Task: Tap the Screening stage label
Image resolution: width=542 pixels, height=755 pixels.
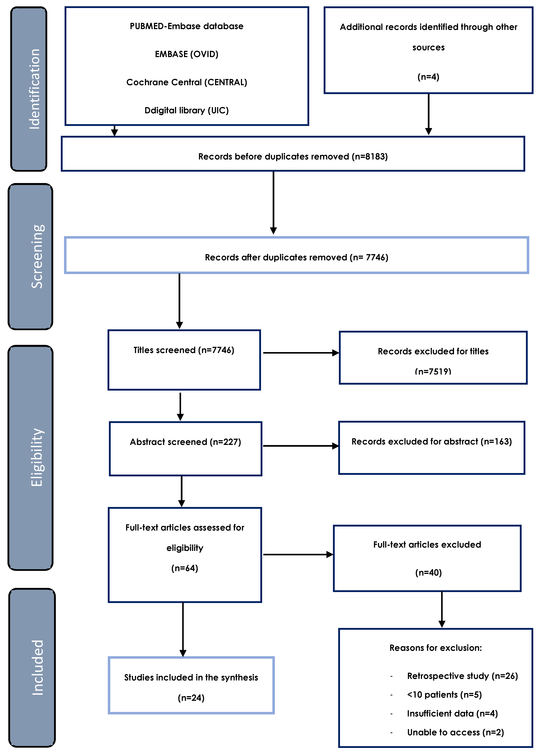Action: click(x=37, y=256)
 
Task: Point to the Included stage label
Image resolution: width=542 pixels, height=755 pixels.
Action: click(x=38, y=667)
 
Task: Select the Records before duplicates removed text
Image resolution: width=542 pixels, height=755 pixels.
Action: click(x=293, y=156)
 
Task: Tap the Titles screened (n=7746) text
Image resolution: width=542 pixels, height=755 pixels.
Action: click(x=184, y=350)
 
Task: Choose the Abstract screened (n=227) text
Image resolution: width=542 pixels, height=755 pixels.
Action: click(x=185, y=442)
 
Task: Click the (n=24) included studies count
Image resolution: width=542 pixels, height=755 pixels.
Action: click(x=191, y=698)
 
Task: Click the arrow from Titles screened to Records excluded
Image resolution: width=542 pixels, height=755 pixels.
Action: click(x=301, y=353)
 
